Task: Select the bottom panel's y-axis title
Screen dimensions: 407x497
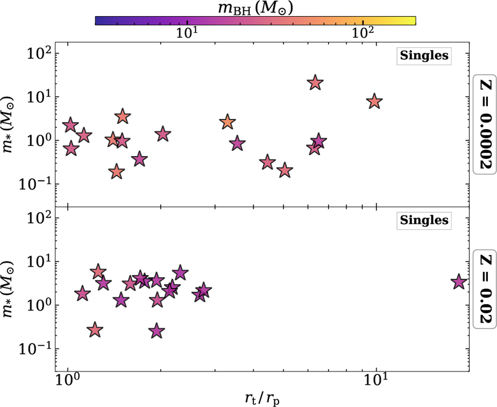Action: pos(12,288)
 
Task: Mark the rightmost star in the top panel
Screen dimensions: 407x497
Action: pos(374,102)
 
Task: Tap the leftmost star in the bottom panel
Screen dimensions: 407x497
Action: pos(82,294)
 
